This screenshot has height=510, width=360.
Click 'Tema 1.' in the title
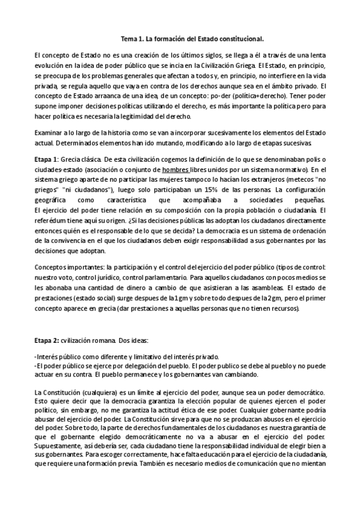coord(135,38)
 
